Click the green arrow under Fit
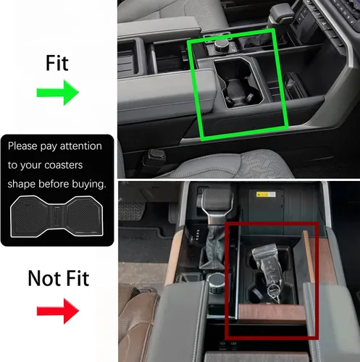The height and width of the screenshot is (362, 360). [x=58, y=93]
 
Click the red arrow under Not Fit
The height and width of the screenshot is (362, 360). [x=58, y=311]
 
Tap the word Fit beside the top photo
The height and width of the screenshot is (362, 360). [x=57, y=63]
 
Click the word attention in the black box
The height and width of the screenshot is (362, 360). [x=81, y=146]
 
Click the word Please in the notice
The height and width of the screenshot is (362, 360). [x=22, y=146]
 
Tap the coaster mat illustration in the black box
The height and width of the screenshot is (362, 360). [x=57, y=216]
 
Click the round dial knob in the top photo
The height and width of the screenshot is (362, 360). [x=220, y=45]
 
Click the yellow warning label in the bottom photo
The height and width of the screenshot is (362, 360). [x=266, y=194]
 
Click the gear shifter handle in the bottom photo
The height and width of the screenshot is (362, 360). [x=214, y=204]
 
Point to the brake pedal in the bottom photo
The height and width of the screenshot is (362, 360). [x=131, y=211]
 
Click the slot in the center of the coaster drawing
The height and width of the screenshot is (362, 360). [x=57, y=216]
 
